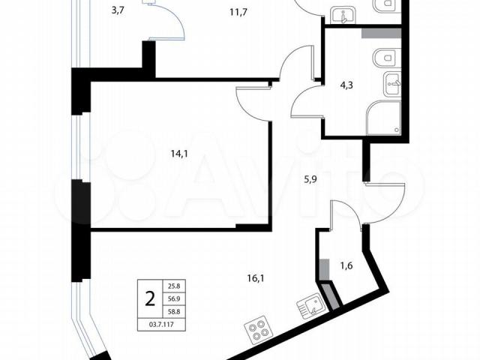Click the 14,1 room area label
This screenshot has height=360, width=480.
point(179,154)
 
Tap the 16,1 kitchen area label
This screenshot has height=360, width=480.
point(256,278)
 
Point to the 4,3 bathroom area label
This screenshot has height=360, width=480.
point(346,85)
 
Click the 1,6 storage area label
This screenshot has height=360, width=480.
point(346,265)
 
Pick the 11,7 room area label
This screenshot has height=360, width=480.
point(238,13)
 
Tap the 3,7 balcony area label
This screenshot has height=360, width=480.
point(118,11)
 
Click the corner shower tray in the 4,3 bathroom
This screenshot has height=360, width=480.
point(383,118)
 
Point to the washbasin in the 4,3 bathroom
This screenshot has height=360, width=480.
point(392,83)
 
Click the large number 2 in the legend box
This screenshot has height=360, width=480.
point(150,298)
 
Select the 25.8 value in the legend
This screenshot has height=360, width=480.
point(174,287)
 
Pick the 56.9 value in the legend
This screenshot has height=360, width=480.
point(174,298)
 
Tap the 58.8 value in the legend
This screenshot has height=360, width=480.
point(174,311)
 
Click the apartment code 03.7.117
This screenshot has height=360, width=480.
point(161,325)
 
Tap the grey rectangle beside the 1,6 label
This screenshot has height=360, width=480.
point(325,269)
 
